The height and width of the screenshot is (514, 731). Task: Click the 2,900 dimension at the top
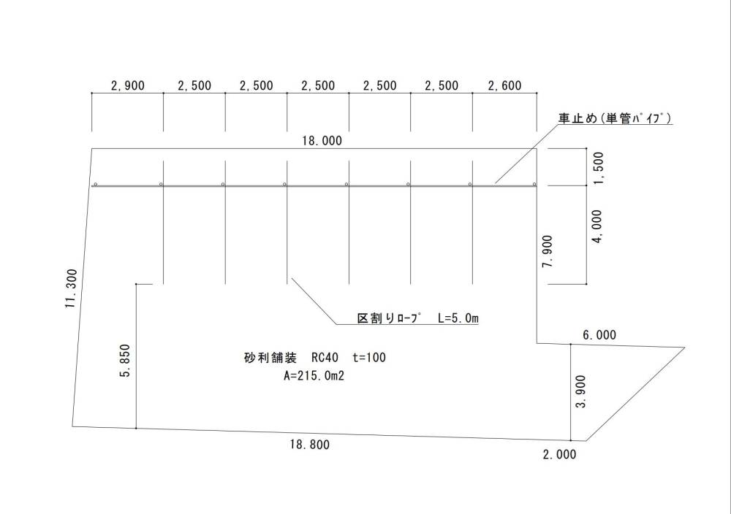click(x=128, y=86)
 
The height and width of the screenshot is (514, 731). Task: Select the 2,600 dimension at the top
click(x=504, y=86)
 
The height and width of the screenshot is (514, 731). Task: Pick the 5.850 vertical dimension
click(x=126, y=361)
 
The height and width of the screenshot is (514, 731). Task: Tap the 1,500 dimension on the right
click(x=598, y=168)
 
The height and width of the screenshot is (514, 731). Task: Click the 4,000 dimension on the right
click(x=598, y=227)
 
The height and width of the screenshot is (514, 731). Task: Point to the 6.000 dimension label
click(x=599, y=335)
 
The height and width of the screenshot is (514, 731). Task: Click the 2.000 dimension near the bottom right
click(x=559, y=454)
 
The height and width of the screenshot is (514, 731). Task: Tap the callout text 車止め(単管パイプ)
click(x=616, y=119)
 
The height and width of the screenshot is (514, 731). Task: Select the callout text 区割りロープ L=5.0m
click(x=417, y=318)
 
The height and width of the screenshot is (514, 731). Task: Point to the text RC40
click(x=325, y=358)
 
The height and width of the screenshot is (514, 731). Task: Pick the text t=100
click(x=368, y=358)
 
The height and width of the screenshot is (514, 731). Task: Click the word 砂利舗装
click(x=269, y=358)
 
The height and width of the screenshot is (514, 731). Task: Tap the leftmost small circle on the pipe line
click(x=96, y=184)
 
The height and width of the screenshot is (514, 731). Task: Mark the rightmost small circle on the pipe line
click(x=534, y=184)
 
